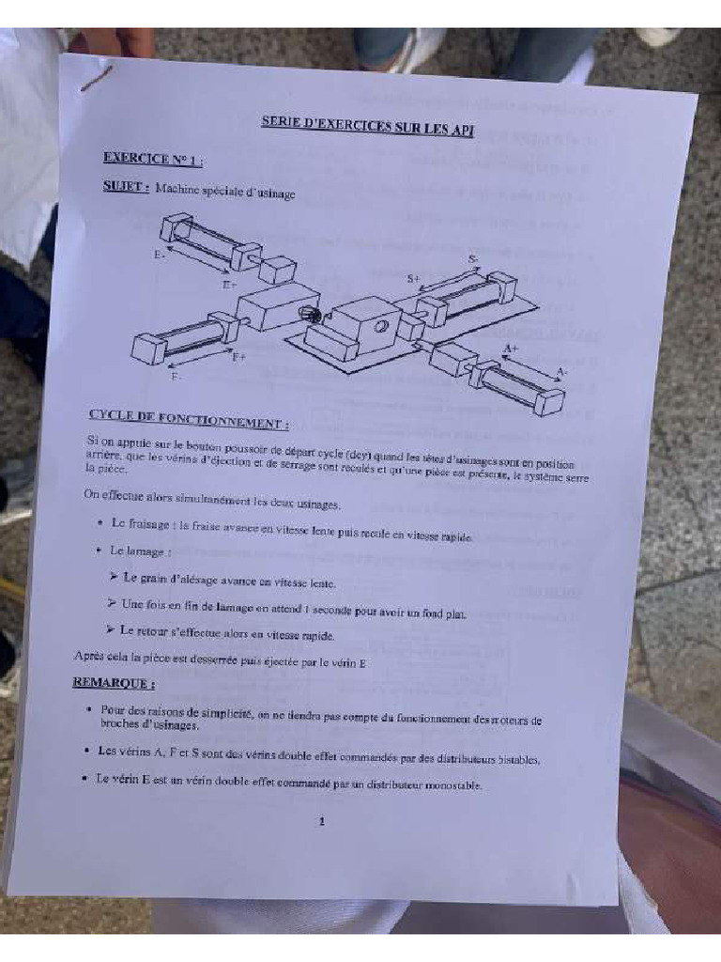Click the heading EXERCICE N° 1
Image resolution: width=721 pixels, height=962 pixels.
[x=153, y=159]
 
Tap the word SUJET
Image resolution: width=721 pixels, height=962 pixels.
[x=126, y=186]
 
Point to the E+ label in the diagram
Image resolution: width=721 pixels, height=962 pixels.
[x=229, y=284]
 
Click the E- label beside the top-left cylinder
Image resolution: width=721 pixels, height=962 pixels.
[x=161, y=254]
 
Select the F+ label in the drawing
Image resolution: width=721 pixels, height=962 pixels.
[x=239, y=356]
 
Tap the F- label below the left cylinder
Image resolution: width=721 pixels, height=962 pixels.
[x=176, y=376]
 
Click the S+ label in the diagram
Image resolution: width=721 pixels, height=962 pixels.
[x=414, y=278]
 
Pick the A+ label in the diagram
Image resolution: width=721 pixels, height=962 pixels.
[x=510, y=349]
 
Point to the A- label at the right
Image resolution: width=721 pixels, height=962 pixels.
[x=560, y=372]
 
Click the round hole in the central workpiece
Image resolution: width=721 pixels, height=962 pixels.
[x=381, y=326]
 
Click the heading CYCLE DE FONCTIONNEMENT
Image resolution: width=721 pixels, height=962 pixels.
[x=188, y=419]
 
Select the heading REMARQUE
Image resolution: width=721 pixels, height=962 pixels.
[x=115, y=683]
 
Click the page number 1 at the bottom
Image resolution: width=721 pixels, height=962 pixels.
[x=322, y=821]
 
